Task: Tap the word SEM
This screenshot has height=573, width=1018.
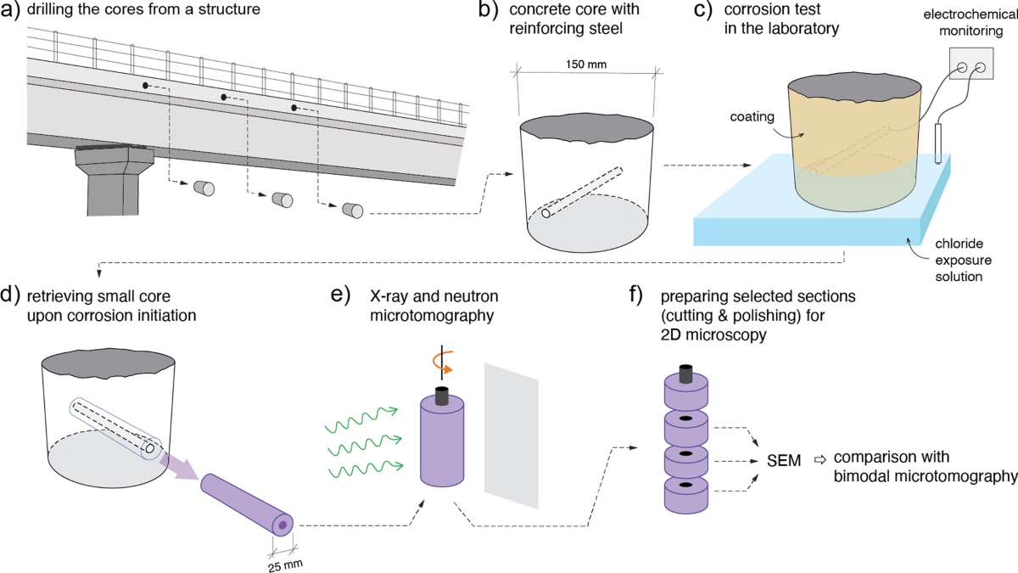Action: pos(783,460)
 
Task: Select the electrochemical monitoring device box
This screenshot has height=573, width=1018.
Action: pos(970,69)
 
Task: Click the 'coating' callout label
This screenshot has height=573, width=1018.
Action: pos(747,118)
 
